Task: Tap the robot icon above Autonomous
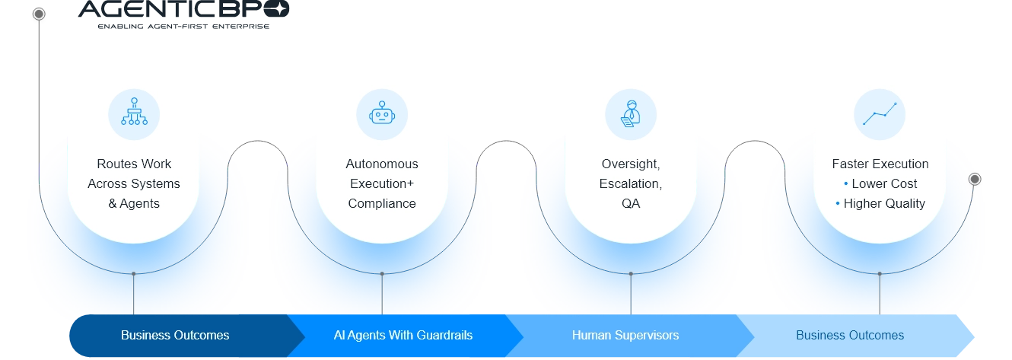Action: pyautogui.click(x=382, y=114)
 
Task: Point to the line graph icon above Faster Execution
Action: pyautogui.click(x=880, y=114)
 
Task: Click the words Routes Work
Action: pyautogui.click(x=134, y=164)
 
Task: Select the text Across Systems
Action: pyautogui.click(x=134, y=183)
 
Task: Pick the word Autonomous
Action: pyautogui.click(x=382, y=164)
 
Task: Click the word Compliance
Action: pyautogui.click(x=382, y=203)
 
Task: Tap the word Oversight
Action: pyautogui.click(x=631, y=164)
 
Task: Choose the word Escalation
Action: pyautogui.click(x=631, y=183)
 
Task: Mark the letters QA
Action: pyautogui.click(x=631, y=203)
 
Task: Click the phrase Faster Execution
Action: pyautogui.click(x=880, y=164)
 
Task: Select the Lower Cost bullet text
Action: pyautogui.click(x=884, y=183)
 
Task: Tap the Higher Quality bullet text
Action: pyautogui.click(x=884, y=203)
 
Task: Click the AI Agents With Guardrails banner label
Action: pyautogui.click(x=403, y=335)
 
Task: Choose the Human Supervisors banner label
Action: pyautogui.click(x=625, y=335)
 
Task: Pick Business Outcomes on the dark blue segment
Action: pyautogui.click(x=175, y=335)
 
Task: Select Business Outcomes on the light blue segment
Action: pyautogui.click(x=850, y=335)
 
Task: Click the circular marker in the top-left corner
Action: pyautogui.click(x=39, y=14)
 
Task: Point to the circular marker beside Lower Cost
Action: pyautogui.click(x=975, y=179)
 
